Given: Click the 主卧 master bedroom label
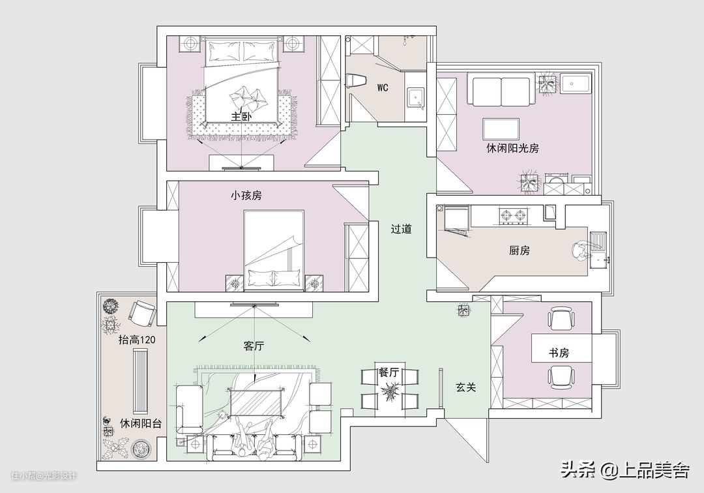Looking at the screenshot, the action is click(241, 116).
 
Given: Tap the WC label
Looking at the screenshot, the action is click(383, 87).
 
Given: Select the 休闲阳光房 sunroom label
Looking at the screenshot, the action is click(513, 148).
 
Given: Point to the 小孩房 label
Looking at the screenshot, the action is click(246, 196).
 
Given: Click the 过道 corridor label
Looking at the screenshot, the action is click(401, 229).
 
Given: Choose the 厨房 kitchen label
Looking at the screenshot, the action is click(520, 250).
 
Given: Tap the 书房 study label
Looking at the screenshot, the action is click(559, 353).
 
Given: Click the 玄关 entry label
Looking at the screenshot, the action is click(465, 387).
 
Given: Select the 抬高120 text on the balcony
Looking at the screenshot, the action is click(137, 340).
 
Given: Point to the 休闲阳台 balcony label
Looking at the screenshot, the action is click(141, 423).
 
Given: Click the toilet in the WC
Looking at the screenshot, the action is click(357, 80).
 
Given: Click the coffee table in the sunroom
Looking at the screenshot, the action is click(501, 129).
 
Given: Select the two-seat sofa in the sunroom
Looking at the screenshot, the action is click(501, 91).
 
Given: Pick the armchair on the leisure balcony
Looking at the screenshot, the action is click(143, 314).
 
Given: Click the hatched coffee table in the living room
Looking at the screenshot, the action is click(256, 403).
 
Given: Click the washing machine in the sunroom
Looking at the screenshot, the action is click(557, 185).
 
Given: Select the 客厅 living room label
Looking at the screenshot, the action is click(254, 346).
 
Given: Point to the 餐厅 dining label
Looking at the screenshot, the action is click(389, 372).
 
